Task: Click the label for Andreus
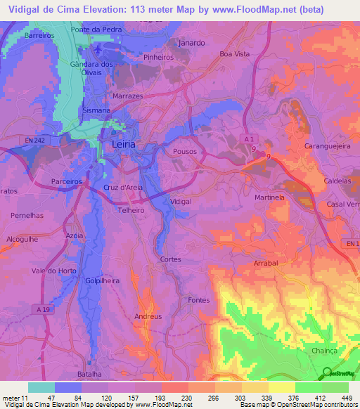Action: [148, 316]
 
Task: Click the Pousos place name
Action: [184, 151]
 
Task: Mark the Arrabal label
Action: [266, 263]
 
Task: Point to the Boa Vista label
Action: [235, 53]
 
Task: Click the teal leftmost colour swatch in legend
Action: [41, 387]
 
